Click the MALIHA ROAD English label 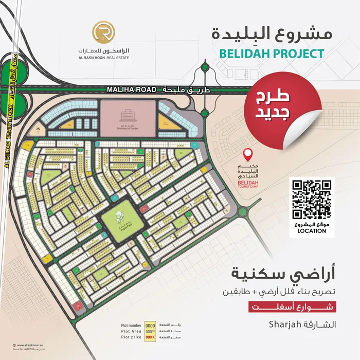pos(131,89)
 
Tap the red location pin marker pos(248,154)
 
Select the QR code pos(312,200)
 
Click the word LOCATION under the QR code pos(312,231)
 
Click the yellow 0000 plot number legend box pos(150,326)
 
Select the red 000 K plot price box pos(150,338)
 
